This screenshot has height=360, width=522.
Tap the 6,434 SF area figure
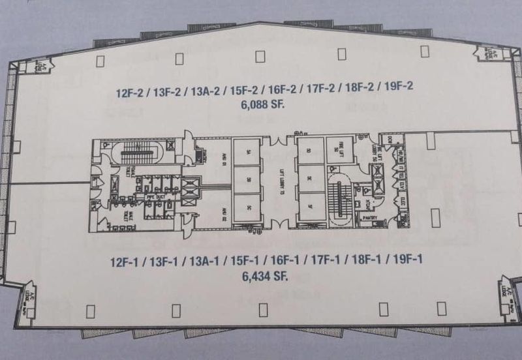(264, 277)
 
